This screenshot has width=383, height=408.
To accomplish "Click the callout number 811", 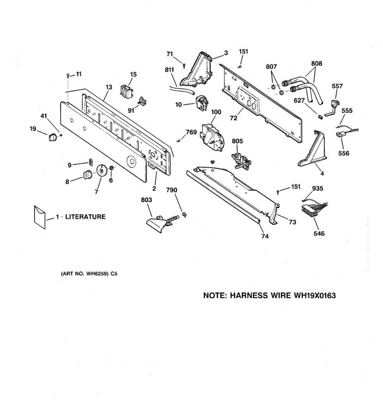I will [x=169, y=70].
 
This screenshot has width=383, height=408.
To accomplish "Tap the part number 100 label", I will [x=216, y=112].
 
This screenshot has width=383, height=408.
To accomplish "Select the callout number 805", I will [x=237, y=141].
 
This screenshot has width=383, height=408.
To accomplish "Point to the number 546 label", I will [x=319, y=233].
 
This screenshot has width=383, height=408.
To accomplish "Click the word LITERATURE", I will [x=85, y=217].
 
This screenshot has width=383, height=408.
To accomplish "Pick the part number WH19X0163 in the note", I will [x=315, y=295].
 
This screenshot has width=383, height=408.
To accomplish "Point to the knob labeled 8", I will [x=87, y=175].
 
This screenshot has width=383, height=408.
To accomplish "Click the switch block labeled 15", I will [x=126, y=90].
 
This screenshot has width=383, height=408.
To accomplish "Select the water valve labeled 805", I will [x=240, y=159].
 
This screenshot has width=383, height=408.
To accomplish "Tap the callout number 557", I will [x=337, y=86].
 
